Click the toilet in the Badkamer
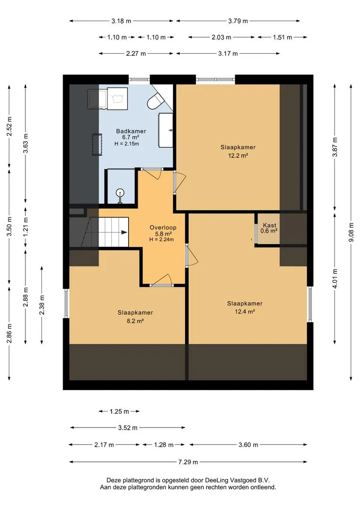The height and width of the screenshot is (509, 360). tap(155, 101)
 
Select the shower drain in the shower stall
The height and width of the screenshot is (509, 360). tap(121, 193)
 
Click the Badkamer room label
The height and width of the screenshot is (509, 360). tap(131, 131)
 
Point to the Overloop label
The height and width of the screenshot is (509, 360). tap(163, 228)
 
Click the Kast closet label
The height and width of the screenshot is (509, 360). tap(270, 225)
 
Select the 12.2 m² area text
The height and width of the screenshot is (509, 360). tap(238, 156)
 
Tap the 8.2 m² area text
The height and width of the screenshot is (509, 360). tap(135, 321)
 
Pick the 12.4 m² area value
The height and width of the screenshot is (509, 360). tap(245, 312)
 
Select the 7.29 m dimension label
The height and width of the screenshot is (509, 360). tap(188, 462)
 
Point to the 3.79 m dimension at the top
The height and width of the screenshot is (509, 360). tap(238, 21)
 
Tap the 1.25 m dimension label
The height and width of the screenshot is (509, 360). tap(119, 411)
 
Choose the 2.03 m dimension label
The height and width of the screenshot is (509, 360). tap(221, 37)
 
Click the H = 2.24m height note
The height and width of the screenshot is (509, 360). tap(161, 239)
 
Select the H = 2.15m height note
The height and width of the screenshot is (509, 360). tap(127, 143)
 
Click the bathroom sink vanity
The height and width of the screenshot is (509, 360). tap(165, 130)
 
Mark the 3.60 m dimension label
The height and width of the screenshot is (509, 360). tap(248, 445)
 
